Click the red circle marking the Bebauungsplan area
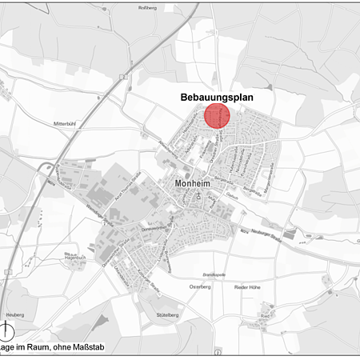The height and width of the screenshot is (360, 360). pyautogui.click(x=217, y=115)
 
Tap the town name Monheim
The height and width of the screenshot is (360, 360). pyautogui.click(x=194, y=183)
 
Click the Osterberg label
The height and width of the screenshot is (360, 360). pyautogui.click(x=200, y=286)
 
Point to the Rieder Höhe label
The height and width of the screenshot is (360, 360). pyautogui.click(x=249, y=286)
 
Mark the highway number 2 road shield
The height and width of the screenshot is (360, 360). pyautogui.click(x=125, y=77)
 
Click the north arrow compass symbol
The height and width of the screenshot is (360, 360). pyautogui.click(x=10, y=333)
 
